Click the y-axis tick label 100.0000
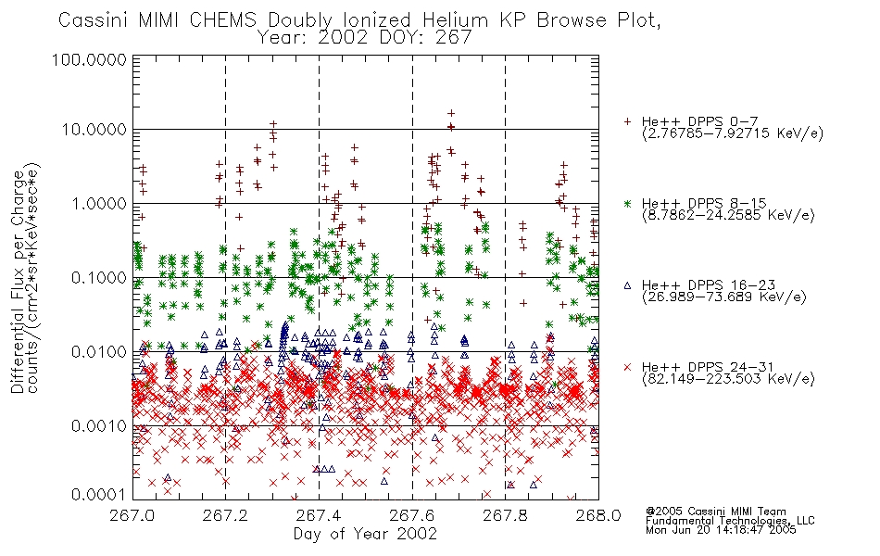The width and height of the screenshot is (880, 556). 89,59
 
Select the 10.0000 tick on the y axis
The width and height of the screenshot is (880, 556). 94,130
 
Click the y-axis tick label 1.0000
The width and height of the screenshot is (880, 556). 99,203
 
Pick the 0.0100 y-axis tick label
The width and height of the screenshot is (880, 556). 99,351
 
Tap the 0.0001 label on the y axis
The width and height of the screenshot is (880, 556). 99,494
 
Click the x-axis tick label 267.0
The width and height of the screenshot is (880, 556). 132,515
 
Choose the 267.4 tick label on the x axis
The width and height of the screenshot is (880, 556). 319,515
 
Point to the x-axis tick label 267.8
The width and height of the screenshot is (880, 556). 505,515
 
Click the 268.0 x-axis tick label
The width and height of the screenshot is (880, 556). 598,515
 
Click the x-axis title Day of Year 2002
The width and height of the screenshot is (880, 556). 365,534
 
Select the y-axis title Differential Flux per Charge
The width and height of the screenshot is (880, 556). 18,282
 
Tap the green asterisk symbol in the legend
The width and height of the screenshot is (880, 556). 627,203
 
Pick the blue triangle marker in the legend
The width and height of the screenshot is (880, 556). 627,285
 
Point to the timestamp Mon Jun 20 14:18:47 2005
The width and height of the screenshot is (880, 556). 721,530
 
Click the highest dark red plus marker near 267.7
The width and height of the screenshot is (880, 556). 451,113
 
